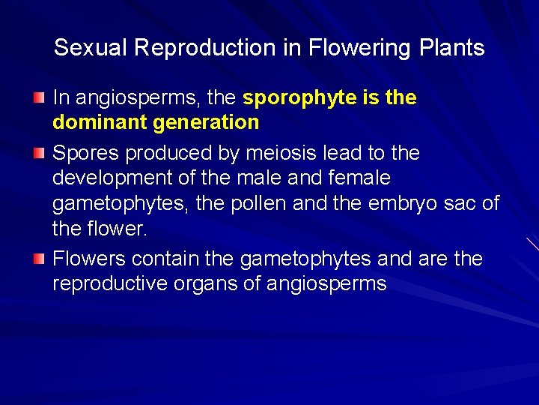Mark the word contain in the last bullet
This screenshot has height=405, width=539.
(x=165, y=259)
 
